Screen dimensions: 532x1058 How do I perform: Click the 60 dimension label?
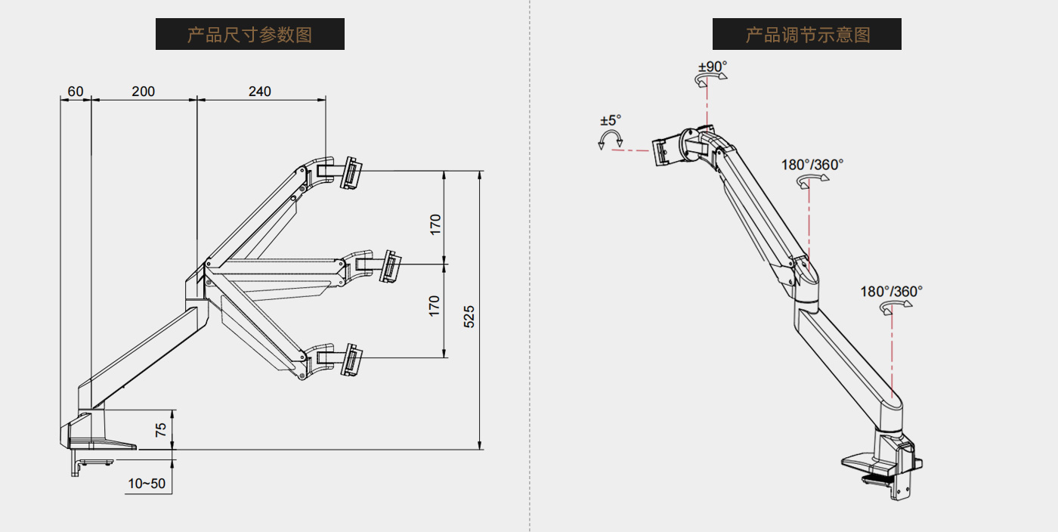tap(76, 91)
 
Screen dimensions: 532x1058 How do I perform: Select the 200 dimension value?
tap(143, 91)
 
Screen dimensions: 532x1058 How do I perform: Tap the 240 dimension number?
tap(259, 91)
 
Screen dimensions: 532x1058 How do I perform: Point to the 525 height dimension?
tap(469, 316)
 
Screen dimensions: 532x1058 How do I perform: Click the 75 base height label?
tap(160, 430)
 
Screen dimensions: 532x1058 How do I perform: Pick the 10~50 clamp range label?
tap(147, 484)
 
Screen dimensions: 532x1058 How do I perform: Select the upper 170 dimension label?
tap(435, 224)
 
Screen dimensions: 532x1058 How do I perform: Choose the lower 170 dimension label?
tap(435, 305)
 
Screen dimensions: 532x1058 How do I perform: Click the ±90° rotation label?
tap(712, 66)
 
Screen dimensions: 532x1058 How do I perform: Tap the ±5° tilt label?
tap(611, 120)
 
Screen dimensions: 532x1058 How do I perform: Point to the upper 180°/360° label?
tap(812, 164)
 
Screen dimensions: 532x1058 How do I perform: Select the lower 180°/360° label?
tap(892, 291)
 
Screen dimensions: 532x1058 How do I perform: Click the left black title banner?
tap(249, 34)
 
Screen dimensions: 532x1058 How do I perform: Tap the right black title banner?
tap(806, 34)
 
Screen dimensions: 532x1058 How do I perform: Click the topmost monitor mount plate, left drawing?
tap(351, 173)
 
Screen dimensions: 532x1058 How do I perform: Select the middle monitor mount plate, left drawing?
tap(391, 267)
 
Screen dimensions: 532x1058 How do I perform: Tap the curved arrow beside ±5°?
tap(610, 138)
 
